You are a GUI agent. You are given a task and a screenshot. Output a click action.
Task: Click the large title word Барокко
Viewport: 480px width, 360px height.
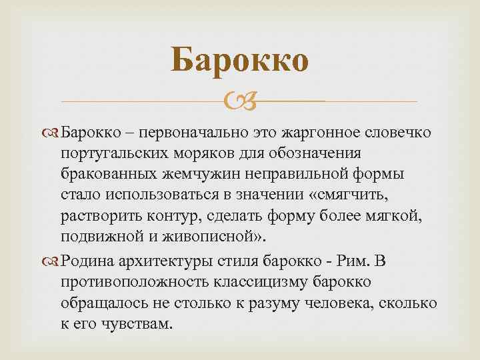coord(239,59)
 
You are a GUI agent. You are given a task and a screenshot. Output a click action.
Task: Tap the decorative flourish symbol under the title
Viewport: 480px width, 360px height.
coord(239,101)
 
